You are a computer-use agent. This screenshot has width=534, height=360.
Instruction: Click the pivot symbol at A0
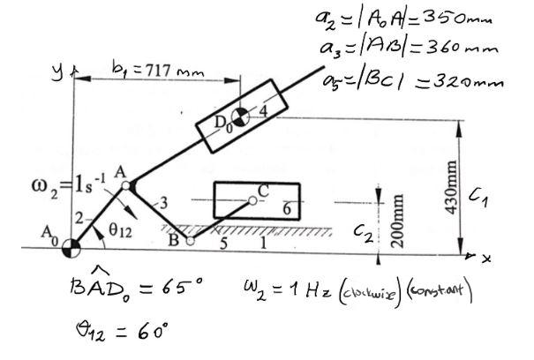(x=69, y=250)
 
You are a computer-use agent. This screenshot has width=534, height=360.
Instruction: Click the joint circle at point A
(x=126, y=185)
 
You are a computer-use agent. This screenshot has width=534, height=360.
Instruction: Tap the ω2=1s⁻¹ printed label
(x=58, y=189)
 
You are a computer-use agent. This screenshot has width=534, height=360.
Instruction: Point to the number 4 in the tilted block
(x=261, y=110)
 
